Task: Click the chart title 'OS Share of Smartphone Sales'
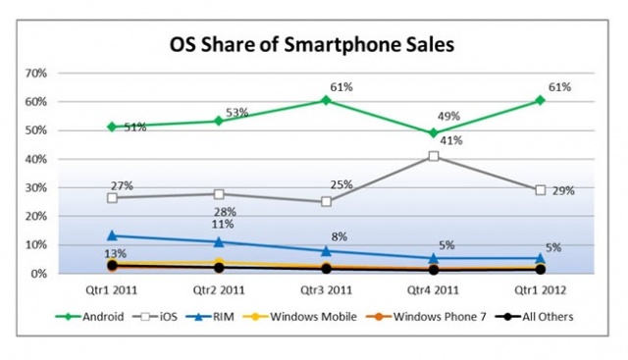312,44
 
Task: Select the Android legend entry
89,317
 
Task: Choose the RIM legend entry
209,317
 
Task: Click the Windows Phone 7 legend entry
426,317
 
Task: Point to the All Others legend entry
534,317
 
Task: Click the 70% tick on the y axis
36,74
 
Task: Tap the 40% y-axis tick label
36,159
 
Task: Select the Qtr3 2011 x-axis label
326,290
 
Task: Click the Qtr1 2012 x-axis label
541,290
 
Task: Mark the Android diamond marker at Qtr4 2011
434,133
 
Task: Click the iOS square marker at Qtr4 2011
434,156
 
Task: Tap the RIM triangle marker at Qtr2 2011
219,242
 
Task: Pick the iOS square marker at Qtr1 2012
541,190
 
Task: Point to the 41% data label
451,140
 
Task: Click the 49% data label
448,116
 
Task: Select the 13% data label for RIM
116,253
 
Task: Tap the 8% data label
339,236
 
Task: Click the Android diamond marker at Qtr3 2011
326,100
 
